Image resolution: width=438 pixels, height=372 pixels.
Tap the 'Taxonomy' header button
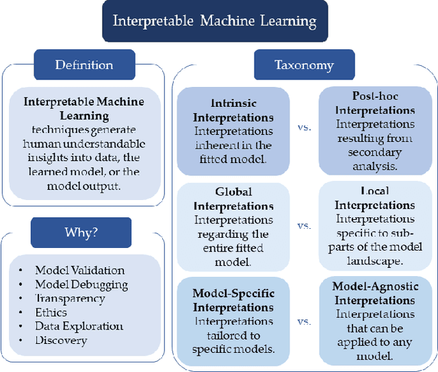click(304, 65)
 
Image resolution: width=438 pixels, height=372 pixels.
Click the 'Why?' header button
click(80, 232)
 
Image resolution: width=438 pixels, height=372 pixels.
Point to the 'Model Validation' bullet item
click(79, 271)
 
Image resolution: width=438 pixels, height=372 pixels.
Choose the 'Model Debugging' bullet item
click(81, 284)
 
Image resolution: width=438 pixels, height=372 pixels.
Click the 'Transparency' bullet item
click(70, 298)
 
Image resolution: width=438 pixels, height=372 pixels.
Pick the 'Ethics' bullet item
click(51, 312)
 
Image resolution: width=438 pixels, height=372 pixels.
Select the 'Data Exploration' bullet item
click(79, 326)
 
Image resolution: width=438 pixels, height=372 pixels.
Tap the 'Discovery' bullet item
click(61, 340)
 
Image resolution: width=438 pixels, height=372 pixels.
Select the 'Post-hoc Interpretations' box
click(374, 131)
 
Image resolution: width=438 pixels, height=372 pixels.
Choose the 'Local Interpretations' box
click(374, 227)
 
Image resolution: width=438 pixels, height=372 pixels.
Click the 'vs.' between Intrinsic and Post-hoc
click(305, 128)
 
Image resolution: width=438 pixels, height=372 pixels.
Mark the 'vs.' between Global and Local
click(305, 225)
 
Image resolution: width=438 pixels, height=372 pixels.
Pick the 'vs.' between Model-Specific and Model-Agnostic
click(305, 321)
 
